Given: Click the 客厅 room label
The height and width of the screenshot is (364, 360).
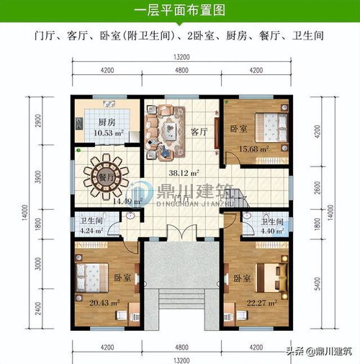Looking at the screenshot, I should [200, 132].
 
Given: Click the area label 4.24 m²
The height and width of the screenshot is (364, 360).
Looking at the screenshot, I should [91, 231].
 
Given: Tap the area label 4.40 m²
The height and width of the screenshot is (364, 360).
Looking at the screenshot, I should [274, 231].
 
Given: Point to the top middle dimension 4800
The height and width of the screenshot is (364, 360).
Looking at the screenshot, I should [181, 71].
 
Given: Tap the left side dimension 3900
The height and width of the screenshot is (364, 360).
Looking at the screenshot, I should [30, 176].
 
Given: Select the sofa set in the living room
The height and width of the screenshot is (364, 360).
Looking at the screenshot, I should [166, 122].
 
